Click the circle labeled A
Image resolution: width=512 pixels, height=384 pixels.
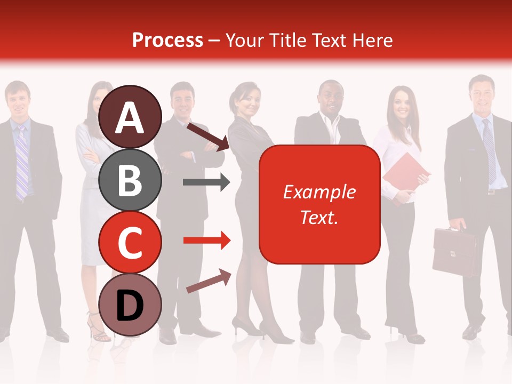click(130, 118)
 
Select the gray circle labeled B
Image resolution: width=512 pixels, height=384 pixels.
click(130, 180)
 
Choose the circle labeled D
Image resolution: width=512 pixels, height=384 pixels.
click(130, 305)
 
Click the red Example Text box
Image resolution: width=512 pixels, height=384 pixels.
click(319, 204)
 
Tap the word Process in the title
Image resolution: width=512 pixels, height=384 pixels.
click(167, 41)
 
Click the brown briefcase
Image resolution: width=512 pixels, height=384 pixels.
click(455, 252)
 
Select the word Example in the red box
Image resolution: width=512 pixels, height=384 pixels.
click(319, 192)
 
